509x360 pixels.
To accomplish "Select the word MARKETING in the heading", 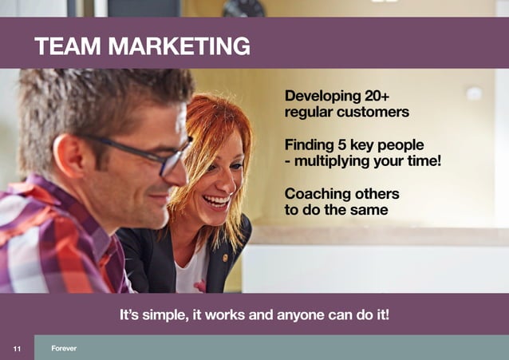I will click(x=179, y=45).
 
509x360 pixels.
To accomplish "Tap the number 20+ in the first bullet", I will click(x=373, y=96).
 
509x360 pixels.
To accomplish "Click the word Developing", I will click(x=321, y=96).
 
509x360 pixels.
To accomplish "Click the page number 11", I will click(x=17, y=348).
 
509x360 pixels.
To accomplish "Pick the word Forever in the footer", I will click(x=64, y=348).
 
